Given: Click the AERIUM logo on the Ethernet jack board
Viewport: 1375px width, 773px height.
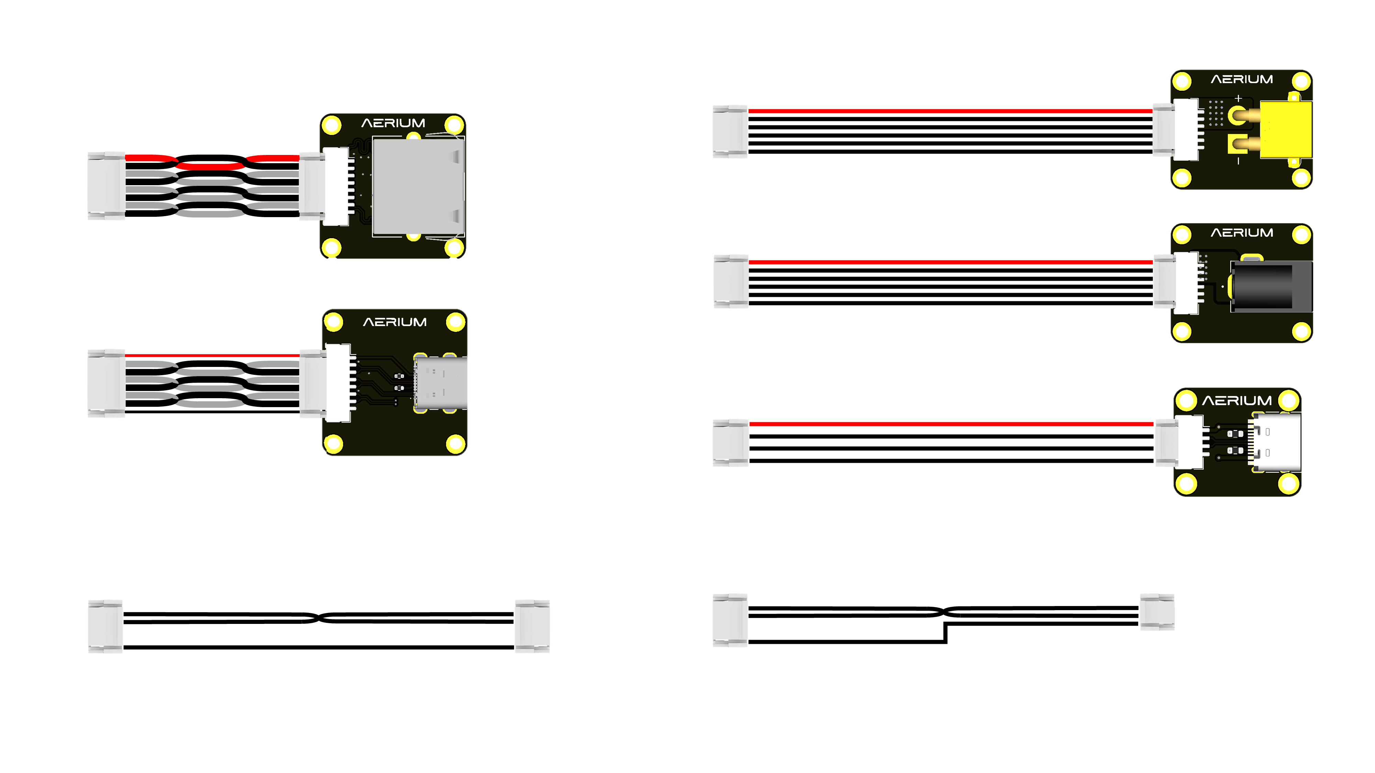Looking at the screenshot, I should point(393,123).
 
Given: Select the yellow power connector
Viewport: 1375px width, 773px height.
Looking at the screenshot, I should point(1285,130).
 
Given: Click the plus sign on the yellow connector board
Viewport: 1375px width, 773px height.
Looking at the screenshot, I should point(1238,99).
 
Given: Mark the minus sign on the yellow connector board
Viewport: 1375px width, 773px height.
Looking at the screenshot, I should point(1238,160).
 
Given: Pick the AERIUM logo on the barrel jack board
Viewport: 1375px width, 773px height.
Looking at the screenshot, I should point(1242,233).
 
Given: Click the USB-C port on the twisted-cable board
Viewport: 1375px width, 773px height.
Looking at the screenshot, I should point(440,383).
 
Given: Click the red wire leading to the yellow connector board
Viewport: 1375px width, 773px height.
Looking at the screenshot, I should point(950,111).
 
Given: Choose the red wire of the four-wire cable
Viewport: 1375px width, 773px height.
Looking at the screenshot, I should point(950,424).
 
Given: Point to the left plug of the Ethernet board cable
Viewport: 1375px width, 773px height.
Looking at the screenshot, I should point(106,186).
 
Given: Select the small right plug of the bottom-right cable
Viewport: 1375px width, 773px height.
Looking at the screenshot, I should point(1157,612).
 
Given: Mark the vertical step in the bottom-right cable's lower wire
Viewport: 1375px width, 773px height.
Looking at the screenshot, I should point(945,633).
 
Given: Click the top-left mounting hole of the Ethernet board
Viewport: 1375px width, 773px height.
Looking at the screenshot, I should point(331,126).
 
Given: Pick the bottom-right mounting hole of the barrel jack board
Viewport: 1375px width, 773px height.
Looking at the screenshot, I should point(1301,331).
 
